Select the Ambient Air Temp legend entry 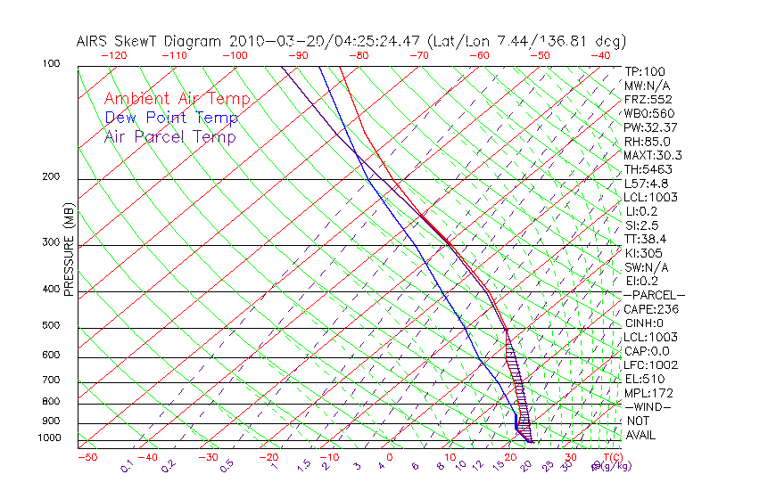click(177, 99)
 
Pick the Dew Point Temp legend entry click(171, 118)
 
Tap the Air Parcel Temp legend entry click(169, 136)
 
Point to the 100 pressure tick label click(52, 64)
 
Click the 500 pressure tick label click(52, 326)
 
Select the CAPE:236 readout click(651, 309)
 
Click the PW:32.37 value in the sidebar click(651, 127)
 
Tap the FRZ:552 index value click(648, 99)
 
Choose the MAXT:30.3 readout click(654, 155)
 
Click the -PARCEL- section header click(654, 295)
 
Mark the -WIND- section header click(648, 406)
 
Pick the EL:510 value click(644, 379)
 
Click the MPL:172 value click(648, 393)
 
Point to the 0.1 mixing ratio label click(127, 466)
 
